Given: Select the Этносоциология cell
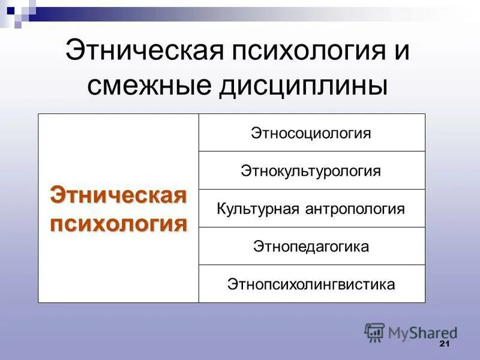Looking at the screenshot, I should tap(311, 133).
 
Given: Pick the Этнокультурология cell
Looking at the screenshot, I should tap(311, 171).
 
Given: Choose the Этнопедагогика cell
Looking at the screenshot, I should tap(311, 247).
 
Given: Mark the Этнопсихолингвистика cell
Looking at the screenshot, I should tap(311, 284).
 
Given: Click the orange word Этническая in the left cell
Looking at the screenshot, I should tap(118, 196).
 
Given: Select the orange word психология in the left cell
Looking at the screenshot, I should tap(118, 224).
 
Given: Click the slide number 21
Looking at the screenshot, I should tap(445, 344).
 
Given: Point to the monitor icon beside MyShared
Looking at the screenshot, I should tap(374, 332).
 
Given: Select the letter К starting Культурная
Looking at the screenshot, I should tap(221, 209).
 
